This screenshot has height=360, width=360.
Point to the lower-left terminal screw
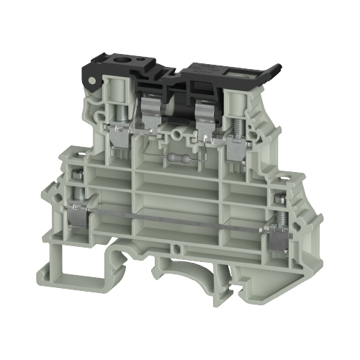pyautogui.click(x=75, y=189)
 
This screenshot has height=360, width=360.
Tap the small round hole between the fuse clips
pyautogui.click(x=177, y=132)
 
